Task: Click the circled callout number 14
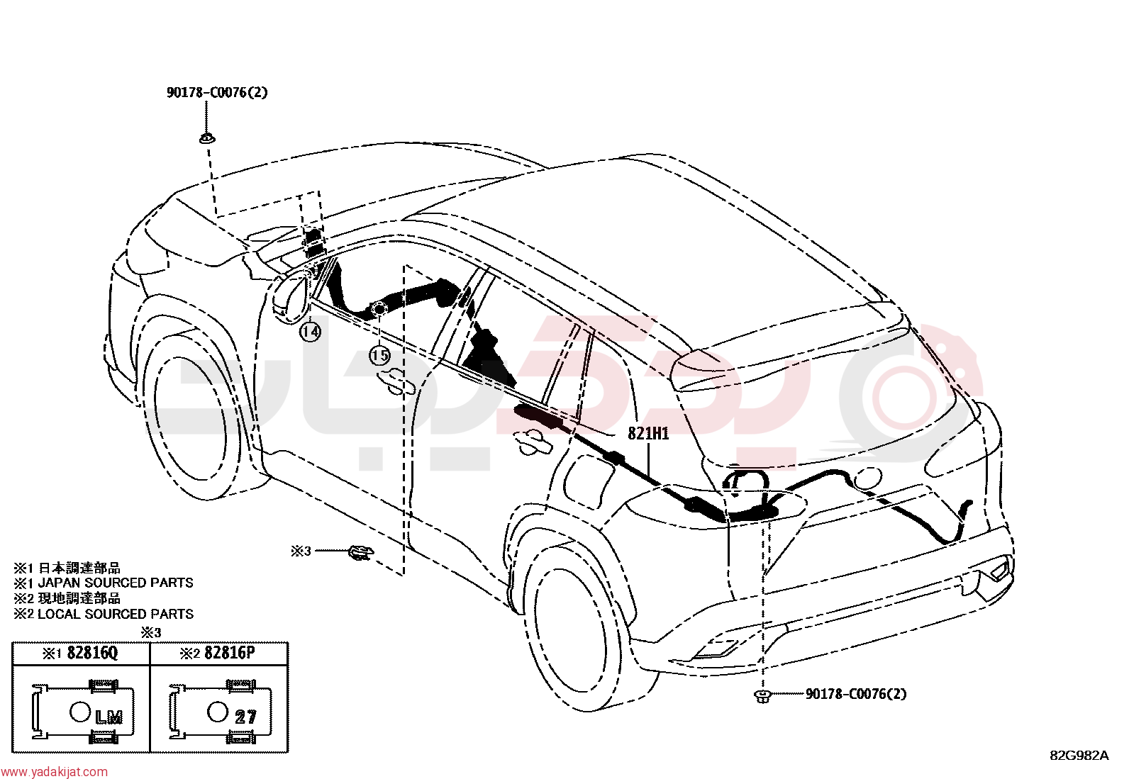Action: tap(310, 332)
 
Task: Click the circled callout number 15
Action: tap(380, 356)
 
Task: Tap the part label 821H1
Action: tap(648, 433)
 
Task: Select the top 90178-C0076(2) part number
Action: tap(217, 92)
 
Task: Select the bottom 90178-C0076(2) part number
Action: tap(856, 694)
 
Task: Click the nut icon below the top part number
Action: tap(206, 138)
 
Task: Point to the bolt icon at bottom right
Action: tap(762, 696)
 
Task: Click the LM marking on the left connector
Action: tap(109, 717)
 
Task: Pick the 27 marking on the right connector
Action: tap(245, 717)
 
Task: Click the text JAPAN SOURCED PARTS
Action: tap(116, 583)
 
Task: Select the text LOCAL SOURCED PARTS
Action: tap(116, 615)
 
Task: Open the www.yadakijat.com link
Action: tap(54, 772)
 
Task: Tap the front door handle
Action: tap(396, 381)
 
